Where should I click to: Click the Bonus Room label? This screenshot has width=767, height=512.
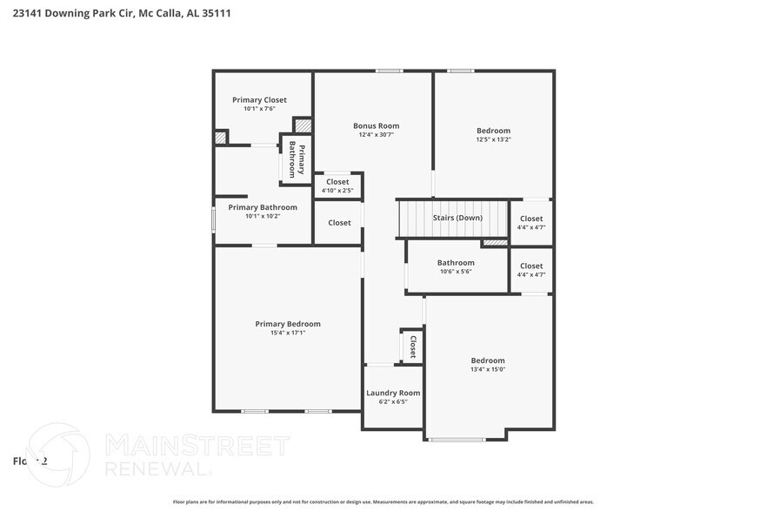pos(376,125)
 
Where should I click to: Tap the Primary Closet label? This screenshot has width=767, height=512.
pos(259,100)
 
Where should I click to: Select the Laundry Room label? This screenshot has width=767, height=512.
pos(393,393)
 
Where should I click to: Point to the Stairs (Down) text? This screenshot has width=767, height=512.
pos(457,218)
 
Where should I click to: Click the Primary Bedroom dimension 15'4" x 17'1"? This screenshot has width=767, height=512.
pos(288,333)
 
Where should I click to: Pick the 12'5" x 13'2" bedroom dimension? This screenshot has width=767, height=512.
pos(493,139)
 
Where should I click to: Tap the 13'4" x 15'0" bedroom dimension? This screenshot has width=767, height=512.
pos(488,369)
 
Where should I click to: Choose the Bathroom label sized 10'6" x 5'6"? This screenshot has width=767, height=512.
pos(456,262)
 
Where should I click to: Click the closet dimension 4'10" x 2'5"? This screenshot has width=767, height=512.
pos(337,191)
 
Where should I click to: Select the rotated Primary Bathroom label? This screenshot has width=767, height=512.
pos(297,160)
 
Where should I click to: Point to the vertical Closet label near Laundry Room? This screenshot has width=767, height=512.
pos(413,347)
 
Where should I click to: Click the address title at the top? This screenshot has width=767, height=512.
pos(122,14)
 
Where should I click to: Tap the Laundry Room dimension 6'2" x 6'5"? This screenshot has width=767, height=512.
pos(393,402)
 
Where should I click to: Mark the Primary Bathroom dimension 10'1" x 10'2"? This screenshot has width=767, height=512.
pos(263,216)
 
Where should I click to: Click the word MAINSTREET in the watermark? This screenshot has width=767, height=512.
pos(197,446)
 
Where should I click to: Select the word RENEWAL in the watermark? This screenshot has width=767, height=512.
pos(157,468)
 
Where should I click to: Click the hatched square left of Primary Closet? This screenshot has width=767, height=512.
pos(221,137)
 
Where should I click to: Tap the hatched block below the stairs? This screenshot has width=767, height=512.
pos(495,242)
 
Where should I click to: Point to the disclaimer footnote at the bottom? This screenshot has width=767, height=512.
pos(383,502)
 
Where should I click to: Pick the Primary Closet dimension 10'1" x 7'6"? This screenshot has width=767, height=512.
pos(259,109)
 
